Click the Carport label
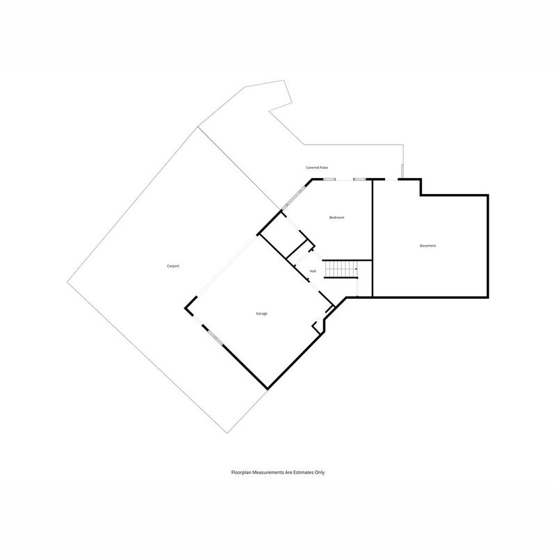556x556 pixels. click(x=173, y=266)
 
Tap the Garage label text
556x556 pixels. click(x=262, y=313)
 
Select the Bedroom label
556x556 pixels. click(x=336, y=218)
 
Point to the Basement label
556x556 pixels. click(x=427, y=246)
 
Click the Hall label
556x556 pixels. click(x=313, y=271)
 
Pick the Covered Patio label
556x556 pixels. click(x=317, y=167)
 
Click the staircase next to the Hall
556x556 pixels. click(x=341, y=270)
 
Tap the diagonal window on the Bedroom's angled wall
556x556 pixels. click(x=294, y=198)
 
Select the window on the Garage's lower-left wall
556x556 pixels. click(x=215, y=337)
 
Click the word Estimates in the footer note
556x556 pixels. click(x=301, y=473)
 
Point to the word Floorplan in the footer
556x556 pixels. click(x=240, y=473)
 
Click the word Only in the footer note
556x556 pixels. click(x=318, y=473)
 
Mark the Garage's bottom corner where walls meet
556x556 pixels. click(x=268, y=389)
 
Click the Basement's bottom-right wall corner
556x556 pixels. click(x=488, y=297)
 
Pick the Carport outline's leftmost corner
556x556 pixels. click(x=67, y=282)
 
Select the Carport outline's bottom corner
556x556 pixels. click(x=227, y=433)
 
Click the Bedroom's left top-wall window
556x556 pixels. click(x=329, y=179)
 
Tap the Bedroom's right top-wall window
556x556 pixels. click(x=359, y=179)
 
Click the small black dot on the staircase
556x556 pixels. click(x=356, y=269)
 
